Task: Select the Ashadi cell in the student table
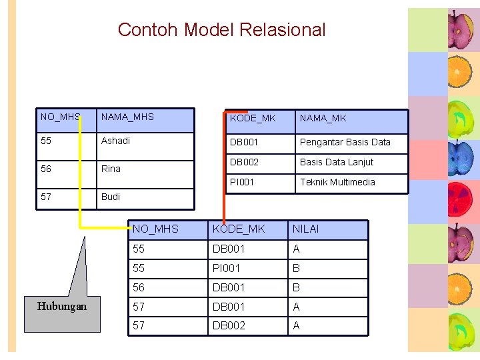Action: click(115, 141)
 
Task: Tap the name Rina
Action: click(111, 169)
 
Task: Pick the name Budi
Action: click(111, 197)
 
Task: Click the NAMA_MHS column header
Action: click(127, 117)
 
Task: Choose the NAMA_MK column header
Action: click(323, 118)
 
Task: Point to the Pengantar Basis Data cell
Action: click(345, 142)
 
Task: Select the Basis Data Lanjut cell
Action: click(336, 162)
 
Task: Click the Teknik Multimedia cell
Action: click(337, 182)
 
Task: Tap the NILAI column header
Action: click(305, 229)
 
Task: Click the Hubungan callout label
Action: click(61, 306)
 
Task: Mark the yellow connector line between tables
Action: click(81, 200)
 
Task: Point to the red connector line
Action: click(223, 167)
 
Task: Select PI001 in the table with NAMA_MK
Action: click(242, 182)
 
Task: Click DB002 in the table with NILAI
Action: click(229, 325)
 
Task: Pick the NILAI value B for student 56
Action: click(297, 287)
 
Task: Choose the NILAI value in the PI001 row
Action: click(297, 268)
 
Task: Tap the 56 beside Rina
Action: click(46, 169)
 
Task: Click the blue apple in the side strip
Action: click(460, 158)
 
